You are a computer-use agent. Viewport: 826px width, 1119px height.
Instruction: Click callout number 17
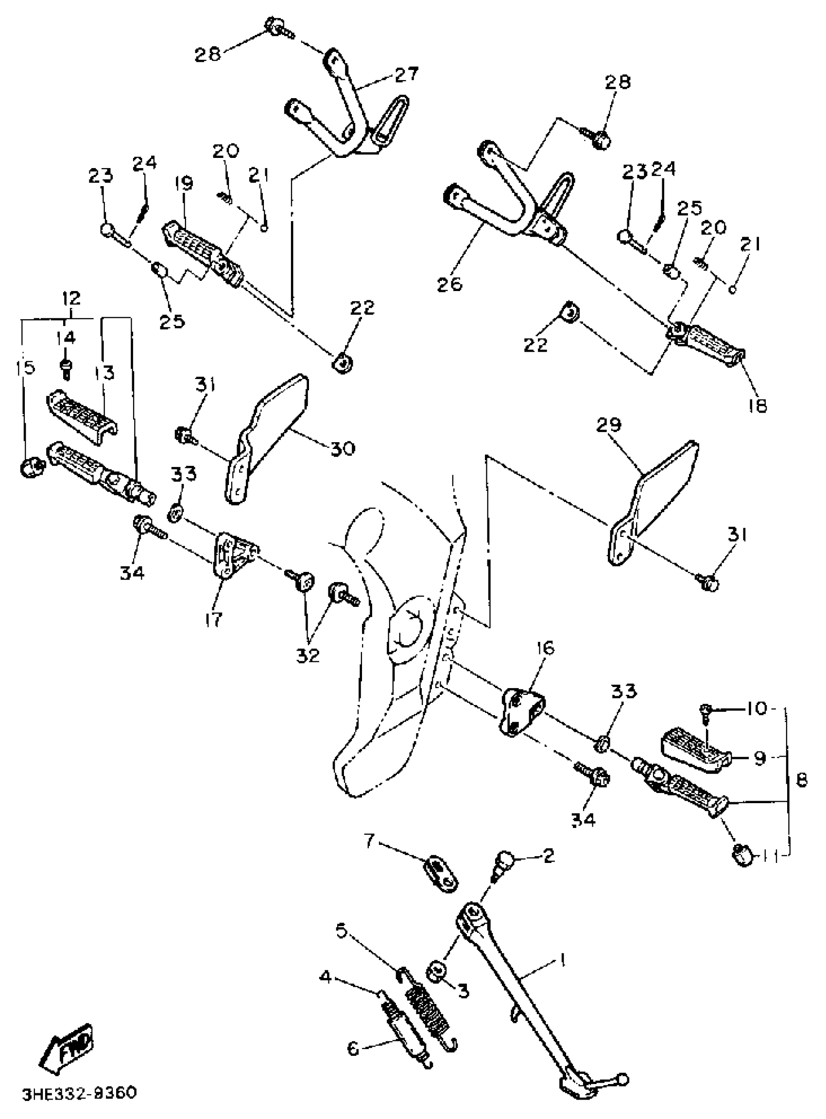(x=213, y=620)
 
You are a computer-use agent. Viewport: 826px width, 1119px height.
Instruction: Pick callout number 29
(x=608, y=426)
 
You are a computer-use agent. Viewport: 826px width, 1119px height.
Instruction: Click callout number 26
(x=450, y=284)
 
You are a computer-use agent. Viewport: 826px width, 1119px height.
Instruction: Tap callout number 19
(x=184, y=184)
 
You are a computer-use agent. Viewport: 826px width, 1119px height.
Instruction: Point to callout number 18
(x=758, y=406)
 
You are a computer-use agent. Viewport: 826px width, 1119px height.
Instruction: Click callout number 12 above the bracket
(x=71, y=299)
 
